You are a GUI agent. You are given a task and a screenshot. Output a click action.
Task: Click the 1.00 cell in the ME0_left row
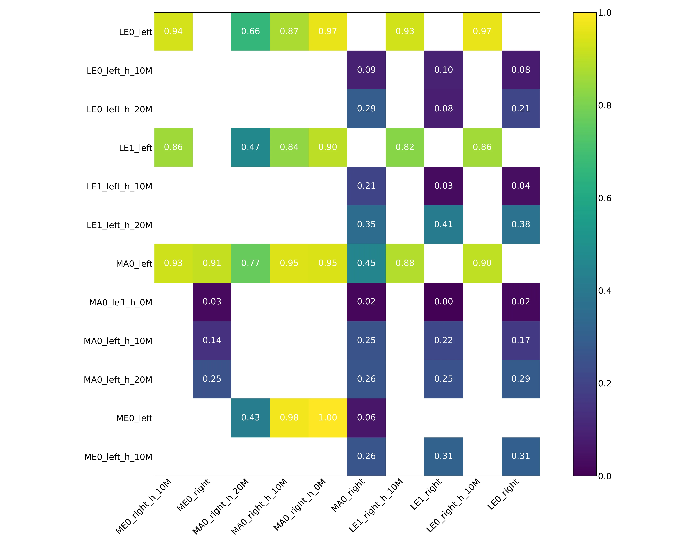pos(328,418)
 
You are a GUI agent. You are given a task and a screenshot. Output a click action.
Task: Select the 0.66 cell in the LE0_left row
pos(251,31)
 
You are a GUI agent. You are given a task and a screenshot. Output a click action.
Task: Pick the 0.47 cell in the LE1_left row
pos(251,147)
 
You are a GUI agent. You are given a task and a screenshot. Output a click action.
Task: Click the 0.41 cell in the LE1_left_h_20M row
pos(443,224)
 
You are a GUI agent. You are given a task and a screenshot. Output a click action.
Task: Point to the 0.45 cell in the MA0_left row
pos(366,263)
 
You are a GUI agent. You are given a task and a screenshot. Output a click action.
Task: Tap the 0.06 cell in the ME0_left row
pos(366,418)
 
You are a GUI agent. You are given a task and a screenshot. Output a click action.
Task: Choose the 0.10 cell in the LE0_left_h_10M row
pos(443,70)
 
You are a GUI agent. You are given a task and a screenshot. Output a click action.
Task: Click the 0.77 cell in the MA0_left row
pos(251,263)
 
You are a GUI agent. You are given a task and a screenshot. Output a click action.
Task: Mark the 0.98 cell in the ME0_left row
pos(289,418)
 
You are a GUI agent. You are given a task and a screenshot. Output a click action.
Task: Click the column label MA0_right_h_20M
pos(221,507)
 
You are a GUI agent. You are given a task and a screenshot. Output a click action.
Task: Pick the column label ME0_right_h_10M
pos(144,507)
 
